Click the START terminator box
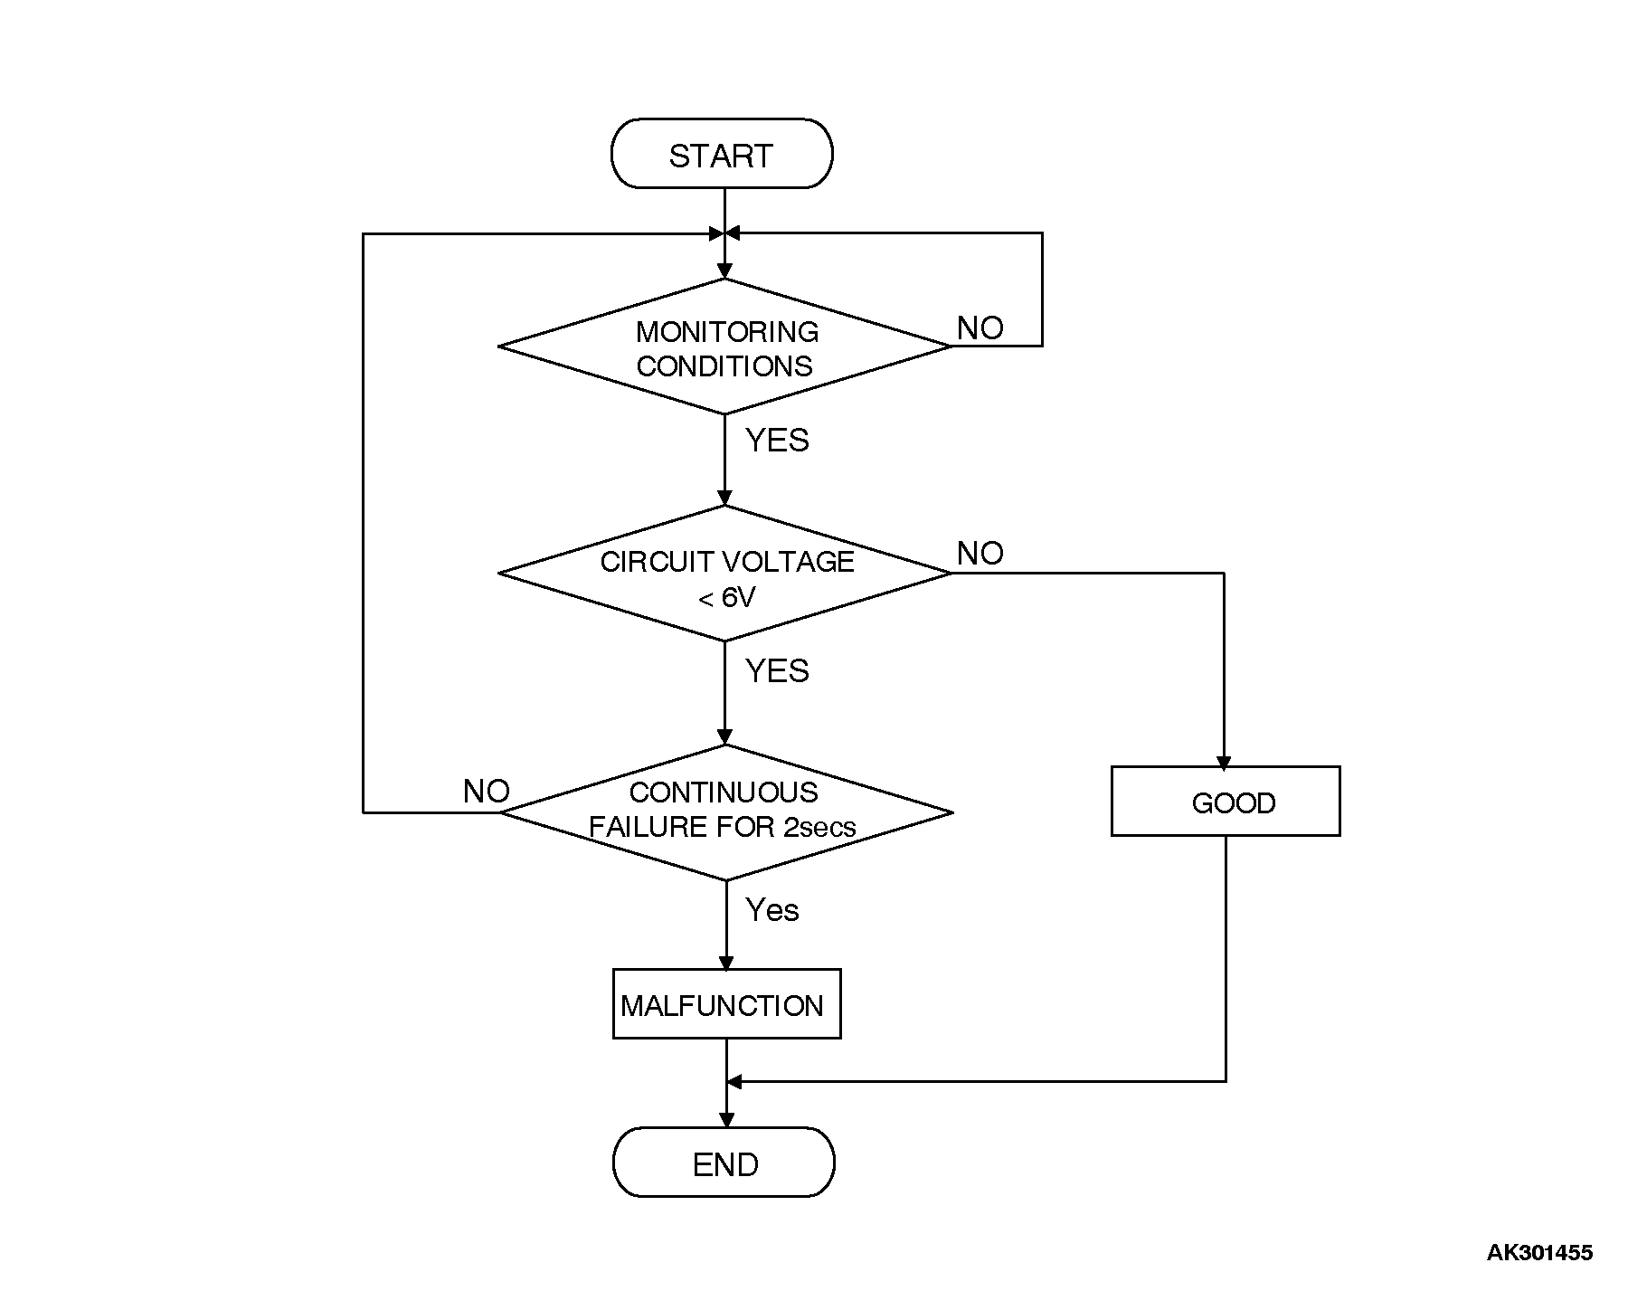pos(721,155)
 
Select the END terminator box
pos(724,1163)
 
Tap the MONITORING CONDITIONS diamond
pos(724,347)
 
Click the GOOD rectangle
pos(1225,802)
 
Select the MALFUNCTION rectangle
pos(725,1005)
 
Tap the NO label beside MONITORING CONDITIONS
pos(980,328)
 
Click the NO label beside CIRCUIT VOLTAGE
pos(980,553)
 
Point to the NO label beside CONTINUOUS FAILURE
pos(486,792)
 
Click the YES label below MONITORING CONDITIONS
pos(776,441)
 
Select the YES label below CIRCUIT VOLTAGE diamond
pos(776,671)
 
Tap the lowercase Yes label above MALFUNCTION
pos(771,910)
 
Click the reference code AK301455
pos(1539,1253)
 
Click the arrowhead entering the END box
pos(726,1120)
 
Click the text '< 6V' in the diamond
pos(725,598)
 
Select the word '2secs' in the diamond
pos(819,827)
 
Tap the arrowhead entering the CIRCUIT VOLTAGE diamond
pos(724,498)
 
